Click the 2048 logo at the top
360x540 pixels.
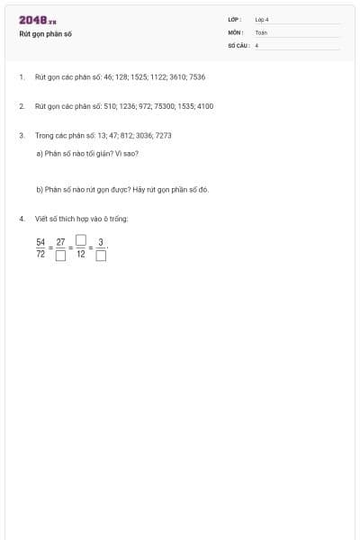pyautogui.click(x=37, y=20)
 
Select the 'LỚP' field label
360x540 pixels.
pyautogui.click(x=235, y=19)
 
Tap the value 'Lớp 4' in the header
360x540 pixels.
pyautogui.click(x=262, y=19)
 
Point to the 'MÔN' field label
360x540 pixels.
pyautogui.click(x=236, y=31)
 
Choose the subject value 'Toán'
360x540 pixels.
pyautogui.click(x=261, y=31)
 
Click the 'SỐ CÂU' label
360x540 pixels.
pyautogui.click(x=238, y=44)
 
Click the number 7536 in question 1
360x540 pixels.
pyautogui.click(x=197, y=77)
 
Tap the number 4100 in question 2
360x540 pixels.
pyautogui.click(x=204, y=106)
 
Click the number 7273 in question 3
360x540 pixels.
pyautogui.click(x=163, y=135)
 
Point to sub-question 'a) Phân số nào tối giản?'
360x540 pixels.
pyautogui.click(x=86, y=153)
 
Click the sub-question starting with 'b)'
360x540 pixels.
pyautogui.click(x=121, y=190)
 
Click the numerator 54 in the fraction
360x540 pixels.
pyautogui.click(x=40, y=241)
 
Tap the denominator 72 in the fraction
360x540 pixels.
pyautogui.click(x=40, y=255)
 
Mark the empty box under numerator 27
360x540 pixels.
pyautogui.click(x=60, y=256)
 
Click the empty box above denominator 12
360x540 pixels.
pyautogui.click(x=81, y=240)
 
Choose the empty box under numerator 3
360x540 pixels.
pyautogui.click(x=101, y=256)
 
